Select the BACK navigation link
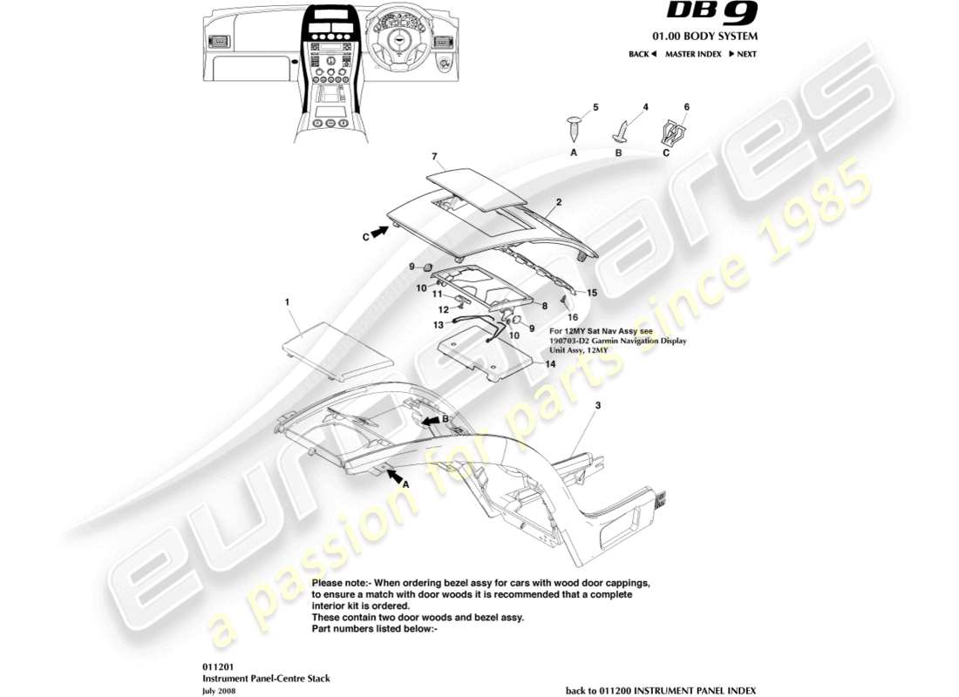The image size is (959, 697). [642, 54]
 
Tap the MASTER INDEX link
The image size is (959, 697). [693, 54]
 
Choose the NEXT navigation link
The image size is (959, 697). [743, 54]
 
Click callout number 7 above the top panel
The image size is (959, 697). [433, 157]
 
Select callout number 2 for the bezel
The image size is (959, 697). [558, 200]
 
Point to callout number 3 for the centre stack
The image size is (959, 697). [597, 406]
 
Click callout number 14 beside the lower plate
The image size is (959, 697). [550, 364]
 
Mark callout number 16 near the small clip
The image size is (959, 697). [574, 318]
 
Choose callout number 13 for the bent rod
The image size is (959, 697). [439, 324]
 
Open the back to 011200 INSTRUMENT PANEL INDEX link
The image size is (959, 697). [661, 690]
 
